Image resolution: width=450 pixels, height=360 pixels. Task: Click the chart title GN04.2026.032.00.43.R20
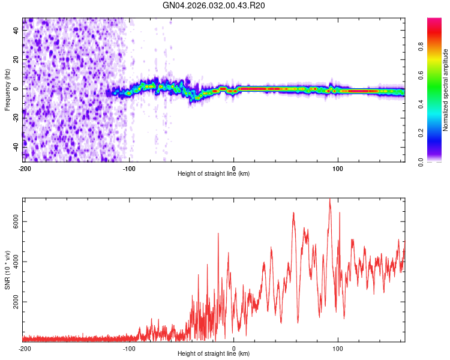[214, 5]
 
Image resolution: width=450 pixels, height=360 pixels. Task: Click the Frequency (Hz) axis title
[7, 89]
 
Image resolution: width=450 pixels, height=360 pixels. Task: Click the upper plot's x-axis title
[214, 174]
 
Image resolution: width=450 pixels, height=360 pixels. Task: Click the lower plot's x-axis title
[214, 355]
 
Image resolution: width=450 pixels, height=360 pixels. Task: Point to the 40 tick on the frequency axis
[16, 31]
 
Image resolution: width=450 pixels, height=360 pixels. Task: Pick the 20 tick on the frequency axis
[16, 60]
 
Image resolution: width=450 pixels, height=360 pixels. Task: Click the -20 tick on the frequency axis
[16, 118]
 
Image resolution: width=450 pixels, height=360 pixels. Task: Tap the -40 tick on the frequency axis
[16, 146]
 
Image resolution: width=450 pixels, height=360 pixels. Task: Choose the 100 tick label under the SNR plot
[337, 348]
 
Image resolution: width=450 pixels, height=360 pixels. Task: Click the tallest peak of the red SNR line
[329, 199]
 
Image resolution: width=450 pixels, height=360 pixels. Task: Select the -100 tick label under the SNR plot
[129, 348]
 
